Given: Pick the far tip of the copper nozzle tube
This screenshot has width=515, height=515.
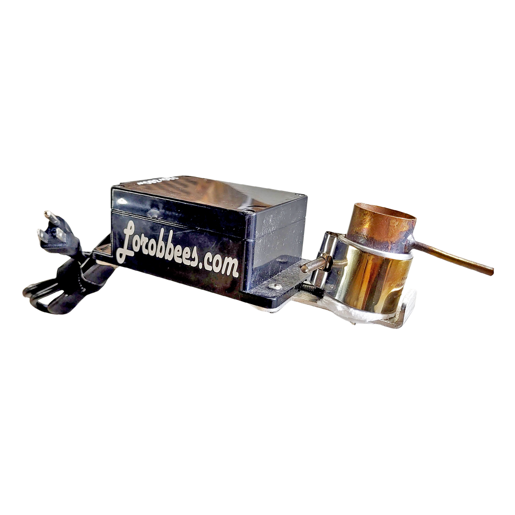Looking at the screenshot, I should click(493, 271).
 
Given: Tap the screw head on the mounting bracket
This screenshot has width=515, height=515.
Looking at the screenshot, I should click(274, 287).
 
